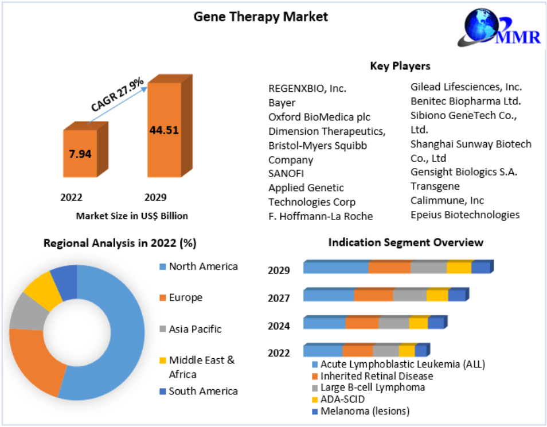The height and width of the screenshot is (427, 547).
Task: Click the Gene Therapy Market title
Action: (x=260, y=17)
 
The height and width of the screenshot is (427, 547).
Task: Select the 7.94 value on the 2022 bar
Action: (x=80, y=154)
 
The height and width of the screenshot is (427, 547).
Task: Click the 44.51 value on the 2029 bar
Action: (x=164, y=130)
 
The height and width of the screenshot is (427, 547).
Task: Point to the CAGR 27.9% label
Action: (x=117, y=96)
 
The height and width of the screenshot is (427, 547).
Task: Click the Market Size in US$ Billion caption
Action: (x=132, y=216)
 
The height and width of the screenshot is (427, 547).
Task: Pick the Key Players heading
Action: (x=400, y=66)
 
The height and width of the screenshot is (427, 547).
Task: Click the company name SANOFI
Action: (x=286, y=173)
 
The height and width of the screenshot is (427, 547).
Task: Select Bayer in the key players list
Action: (x=282, y=103)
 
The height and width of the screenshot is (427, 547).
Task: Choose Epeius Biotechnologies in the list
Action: (x=465, y=215)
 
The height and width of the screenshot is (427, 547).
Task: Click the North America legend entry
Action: (x=203, y=267)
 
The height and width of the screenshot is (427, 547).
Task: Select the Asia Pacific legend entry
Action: (x=195, y=329)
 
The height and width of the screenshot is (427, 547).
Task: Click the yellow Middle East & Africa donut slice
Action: (x=40, y=291)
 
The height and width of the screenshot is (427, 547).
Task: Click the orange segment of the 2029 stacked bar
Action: (x=389, y=268)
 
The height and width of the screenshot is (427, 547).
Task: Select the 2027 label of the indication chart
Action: (x=279, y=298)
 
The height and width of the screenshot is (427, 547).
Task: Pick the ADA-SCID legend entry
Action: (x=342, y=399)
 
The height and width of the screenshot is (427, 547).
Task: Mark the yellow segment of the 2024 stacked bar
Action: (x=418, y=323)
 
